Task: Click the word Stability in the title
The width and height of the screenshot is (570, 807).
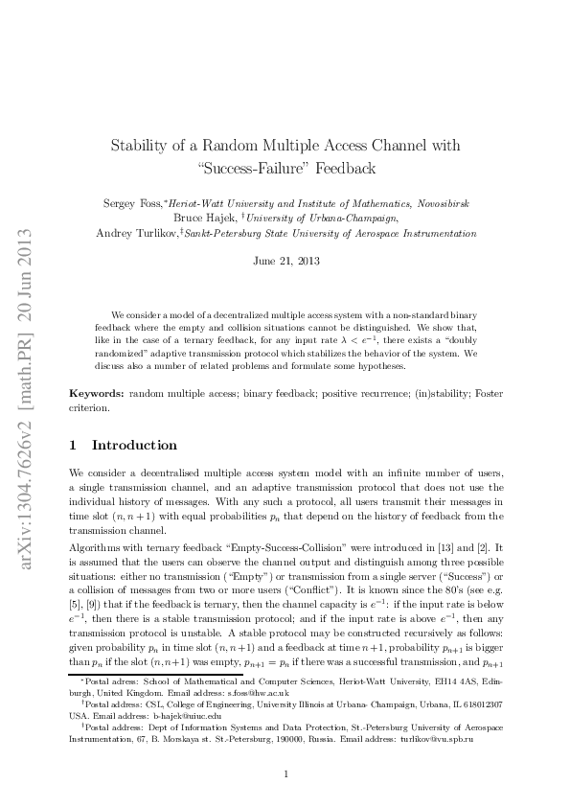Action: click(x=141, y=146)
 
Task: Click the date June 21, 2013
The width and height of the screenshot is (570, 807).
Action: click(x=285, y=260)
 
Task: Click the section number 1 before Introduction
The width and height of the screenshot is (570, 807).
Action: click(x=75, y=446)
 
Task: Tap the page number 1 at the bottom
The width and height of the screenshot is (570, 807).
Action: click(x=285, y=774)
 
